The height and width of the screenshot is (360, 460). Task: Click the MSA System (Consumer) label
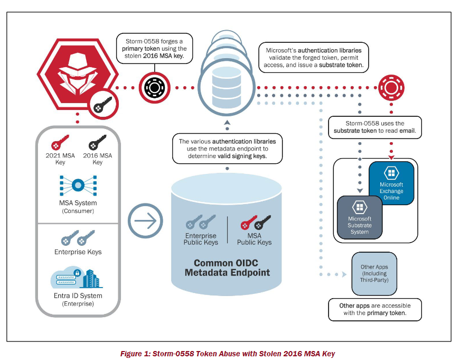point(78,207)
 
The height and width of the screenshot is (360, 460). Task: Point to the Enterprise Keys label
point(78,252)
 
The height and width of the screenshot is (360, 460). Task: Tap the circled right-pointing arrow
point(145,220)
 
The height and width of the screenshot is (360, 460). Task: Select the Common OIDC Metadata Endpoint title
point(227,267)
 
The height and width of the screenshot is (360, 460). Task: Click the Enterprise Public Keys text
point(200,239)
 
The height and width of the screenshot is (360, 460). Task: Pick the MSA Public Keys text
point(254,239)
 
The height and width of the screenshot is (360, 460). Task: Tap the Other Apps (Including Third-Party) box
point(374,274)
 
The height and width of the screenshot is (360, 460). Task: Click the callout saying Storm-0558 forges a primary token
point(154,48)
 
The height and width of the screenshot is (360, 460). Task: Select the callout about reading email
point(375,127)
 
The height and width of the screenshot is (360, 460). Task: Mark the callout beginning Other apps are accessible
point(374,309)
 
